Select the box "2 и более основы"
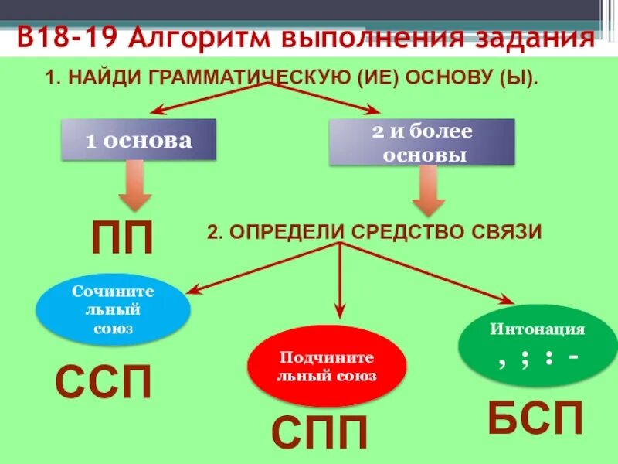click(x=422, y=142)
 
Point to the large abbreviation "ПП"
click(x=123, y=237)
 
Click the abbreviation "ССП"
click(x=104, y=382)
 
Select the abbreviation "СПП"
click(x=320, y=434)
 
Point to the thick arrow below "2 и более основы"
click(x=430, y=191)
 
